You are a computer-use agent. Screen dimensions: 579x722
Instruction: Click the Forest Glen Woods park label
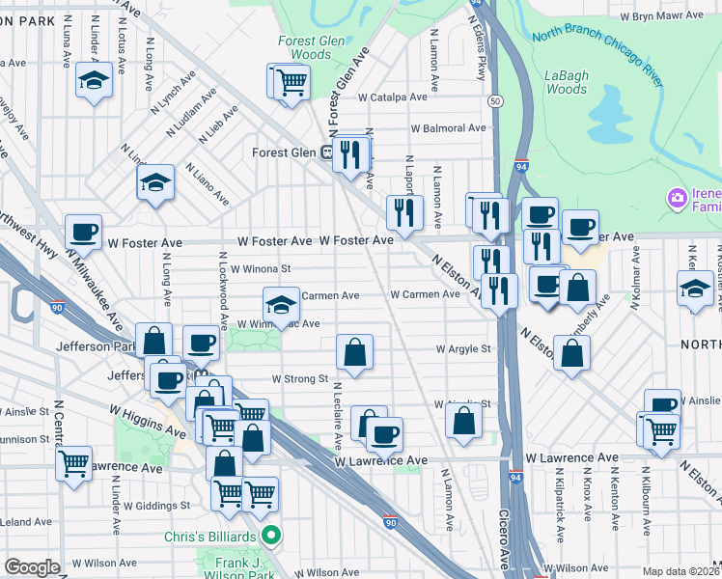click(x=304, y=48)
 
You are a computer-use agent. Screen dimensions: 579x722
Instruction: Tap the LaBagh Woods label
click(x=566, y=82)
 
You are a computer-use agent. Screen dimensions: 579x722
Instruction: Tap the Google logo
click(x=32, y=567)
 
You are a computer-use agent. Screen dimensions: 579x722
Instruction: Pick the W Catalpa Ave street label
click(x=392, y=97)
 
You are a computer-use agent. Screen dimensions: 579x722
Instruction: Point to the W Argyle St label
click(x=463, y=348)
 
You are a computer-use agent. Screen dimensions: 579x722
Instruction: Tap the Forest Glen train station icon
click(x=328, y=152)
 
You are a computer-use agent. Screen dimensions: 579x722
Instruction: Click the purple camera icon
click(x=677, y=198)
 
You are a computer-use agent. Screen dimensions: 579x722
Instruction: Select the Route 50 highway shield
click(x=494, y=100)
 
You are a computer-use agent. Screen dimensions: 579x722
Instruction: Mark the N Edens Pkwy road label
click(x=477, y=39)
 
